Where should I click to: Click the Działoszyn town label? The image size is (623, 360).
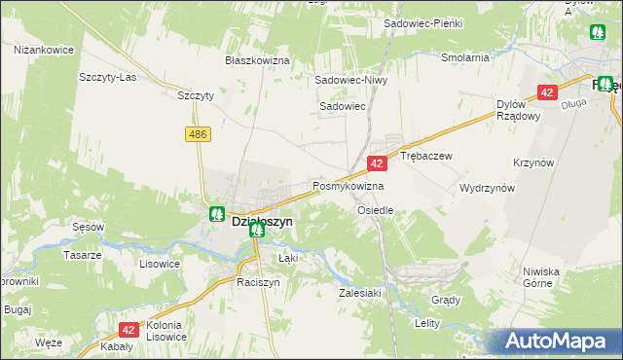click(x=262, y=222)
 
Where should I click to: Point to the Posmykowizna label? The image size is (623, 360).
click(x=348, y=186)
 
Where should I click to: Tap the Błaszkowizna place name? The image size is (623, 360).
click(x=258, y=60)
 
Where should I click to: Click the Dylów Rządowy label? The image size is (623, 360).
click(x=518, y=110)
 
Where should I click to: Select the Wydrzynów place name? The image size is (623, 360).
click(x=487, y=188)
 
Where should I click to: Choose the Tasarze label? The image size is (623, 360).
click(x=82, y=255)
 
